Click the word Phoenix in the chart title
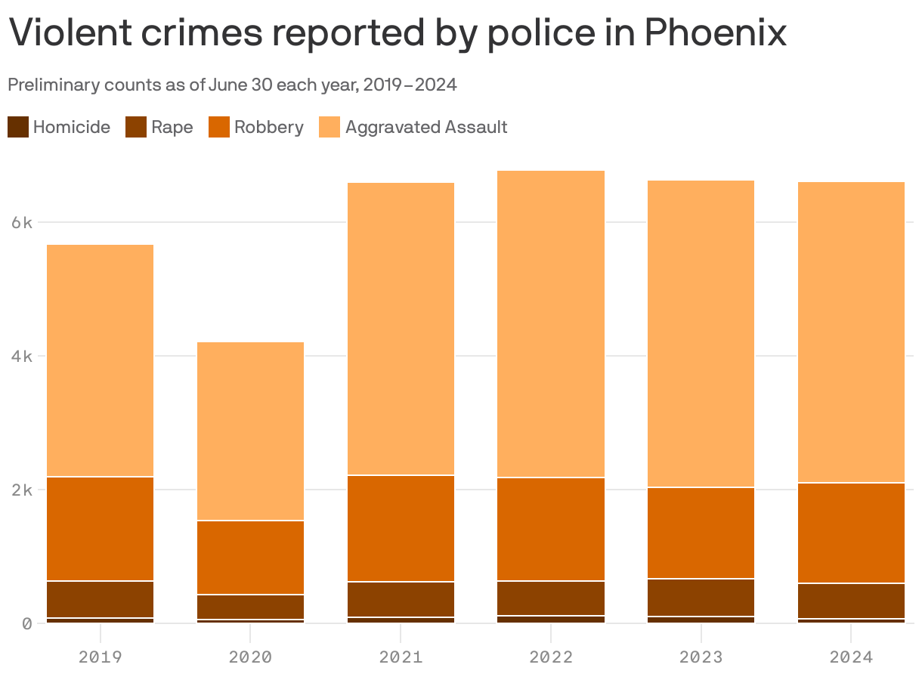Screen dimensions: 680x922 [715, 33]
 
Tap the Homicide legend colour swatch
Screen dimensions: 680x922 [18, 127]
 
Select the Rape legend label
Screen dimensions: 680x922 [172, 127]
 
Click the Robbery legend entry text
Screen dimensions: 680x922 [268, 127]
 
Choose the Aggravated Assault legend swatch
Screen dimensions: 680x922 [330, 127]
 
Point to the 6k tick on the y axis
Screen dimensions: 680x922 [22, 223]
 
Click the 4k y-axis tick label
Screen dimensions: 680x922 [22, 357]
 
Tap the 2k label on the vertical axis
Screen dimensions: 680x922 [22, 490]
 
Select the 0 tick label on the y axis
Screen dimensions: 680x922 [27, 623]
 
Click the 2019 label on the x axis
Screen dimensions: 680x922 [101, 657]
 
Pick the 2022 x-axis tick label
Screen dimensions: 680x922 [551, 657]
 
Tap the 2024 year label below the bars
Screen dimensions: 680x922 [851, 657]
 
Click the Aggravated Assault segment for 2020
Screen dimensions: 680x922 [251, 431]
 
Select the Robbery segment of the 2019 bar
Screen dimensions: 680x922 [101, 529]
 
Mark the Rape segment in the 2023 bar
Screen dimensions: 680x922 [701, 598]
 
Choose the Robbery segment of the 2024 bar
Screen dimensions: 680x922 [851, 533]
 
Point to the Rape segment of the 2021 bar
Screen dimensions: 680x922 [401, 599]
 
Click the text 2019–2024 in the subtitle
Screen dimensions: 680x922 [410, 85]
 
